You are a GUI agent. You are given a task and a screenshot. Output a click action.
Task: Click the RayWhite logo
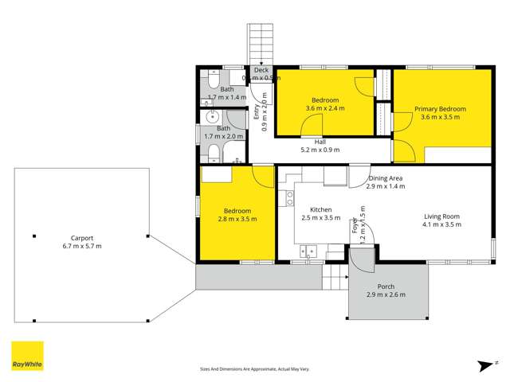click(x=27, y=356)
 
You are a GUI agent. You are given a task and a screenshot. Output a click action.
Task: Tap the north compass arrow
click(x=482, y=364)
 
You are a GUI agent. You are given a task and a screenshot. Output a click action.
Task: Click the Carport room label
click(x=82, y=237)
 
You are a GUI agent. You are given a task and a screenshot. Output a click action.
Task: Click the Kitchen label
click(x=320, y=209)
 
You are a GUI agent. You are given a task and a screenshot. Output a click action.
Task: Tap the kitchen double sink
click(x=307, y=251)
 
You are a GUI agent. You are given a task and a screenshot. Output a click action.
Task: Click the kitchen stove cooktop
click(x=289, y=198)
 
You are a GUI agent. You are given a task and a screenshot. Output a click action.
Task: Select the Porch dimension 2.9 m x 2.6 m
click(x=386, y=295)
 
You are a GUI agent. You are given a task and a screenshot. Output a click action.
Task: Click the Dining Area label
click(x=386, y=178)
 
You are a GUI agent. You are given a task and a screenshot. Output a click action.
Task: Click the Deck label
click(x=261, y=70)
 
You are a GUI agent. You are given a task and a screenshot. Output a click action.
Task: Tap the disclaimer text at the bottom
click(x=254, y=369)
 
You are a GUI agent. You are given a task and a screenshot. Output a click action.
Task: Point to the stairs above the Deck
click(x=261, y=44)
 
